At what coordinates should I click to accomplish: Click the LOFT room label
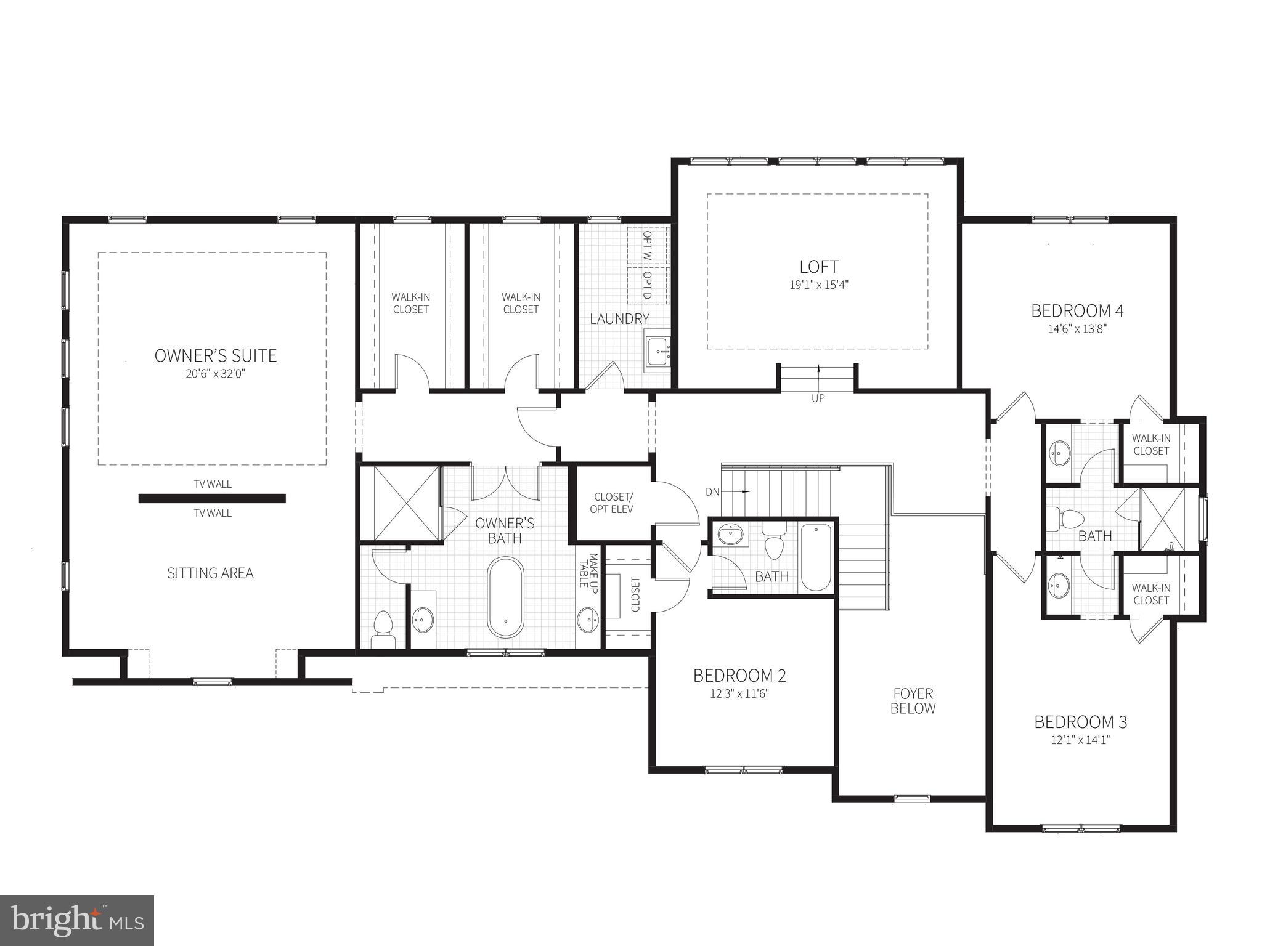point(818,267)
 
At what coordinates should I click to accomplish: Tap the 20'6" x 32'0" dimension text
point(215,374)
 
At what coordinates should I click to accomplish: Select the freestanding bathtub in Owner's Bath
point(505,597)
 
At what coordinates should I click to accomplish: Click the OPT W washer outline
point(648,246)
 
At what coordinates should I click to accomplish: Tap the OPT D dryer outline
point(648,285)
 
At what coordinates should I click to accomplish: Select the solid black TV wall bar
point(212,498)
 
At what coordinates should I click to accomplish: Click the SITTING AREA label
point(210,573)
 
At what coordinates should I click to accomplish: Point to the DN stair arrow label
point(713,492)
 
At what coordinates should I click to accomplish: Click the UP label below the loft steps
point(818,398)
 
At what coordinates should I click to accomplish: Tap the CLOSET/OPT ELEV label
point(613,503)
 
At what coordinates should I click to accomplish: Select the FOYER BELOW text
point(913,701)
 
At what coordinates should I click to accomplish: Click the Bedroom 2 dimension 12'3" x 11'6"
point(739,694)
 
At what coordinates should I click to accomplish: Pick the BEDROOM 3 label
point(1080,722)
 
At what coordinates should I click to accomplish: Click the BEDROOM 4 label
point(1077,311)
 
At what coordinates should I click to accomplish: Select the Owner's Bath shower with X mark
point(400,504)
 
